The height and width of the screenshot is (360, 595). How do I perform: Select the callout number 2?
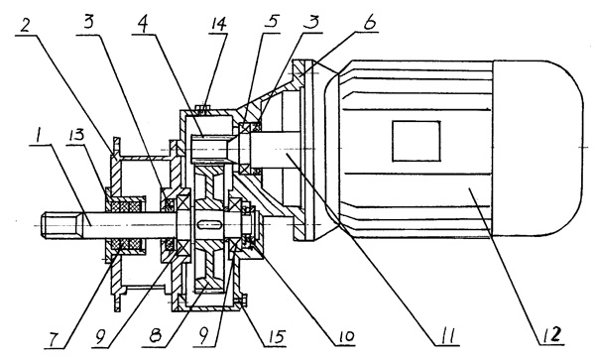(x=26, y=24)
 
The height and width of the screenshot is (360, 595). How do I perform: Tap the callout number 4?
(x=143, y=24)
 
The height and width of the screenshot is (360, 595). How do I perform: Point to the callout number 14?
(x=218, y=24)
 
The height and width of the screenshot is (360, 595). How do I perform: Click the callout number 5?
(x=272, y=22)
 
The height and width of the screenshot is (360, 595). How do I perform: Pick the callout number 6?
(x=369, y=23)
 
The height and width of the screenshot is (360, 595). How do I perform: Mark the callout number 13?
(x=76, y=135)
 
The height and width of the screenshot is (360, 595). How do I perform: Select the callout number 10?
(x=344, y=336)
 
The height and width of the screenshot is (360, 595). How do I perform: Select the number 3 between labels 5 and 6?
(x=311, y=22)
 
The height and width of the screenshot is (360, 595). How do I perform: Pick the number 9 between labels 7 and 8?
(x=101, y=338)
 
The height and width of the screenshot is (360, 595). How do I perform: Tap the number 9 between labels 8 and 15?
(x=204, y=336)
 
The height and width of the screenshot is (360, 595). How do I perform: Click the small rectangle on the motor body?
(x=416, y=141)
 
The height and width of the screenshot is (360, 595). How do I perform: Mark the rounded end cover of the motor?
(x=537, y=149)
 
